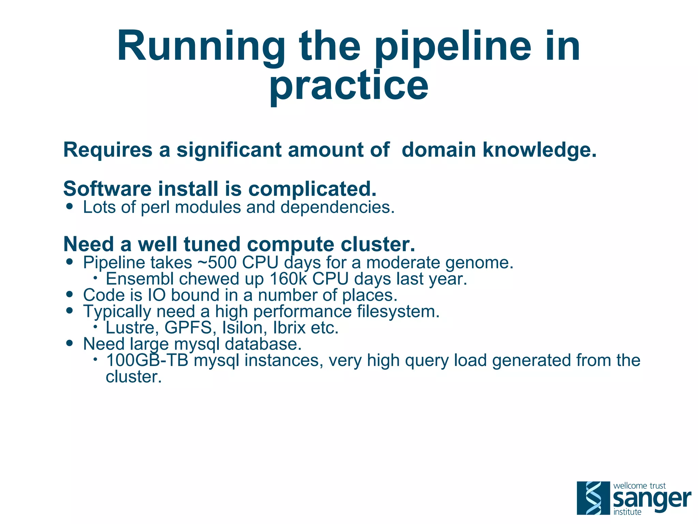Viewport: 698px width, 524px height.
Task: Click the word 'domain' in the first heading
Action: [439, 150]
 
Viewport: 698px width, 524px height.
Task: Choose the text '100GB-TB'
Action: [147, 360]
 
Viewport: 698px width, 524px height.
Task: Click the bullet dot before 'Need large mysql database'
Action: [70, 343]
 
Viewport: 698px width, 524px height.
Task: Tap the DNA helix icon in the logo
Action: [593, 498]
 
